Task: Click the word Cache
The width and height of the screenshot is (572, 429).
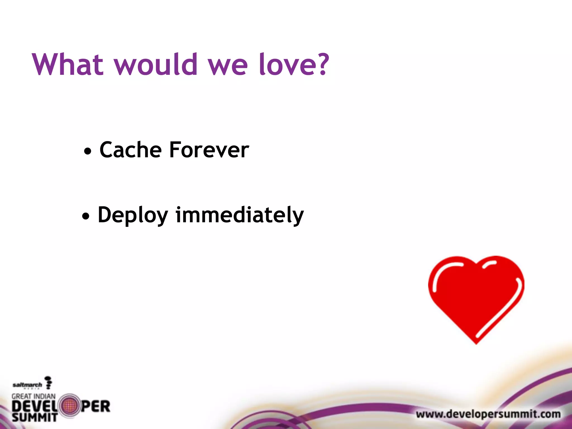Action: pos(130,150)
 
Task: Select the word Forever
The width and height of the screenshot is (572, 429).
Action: pos(209,150)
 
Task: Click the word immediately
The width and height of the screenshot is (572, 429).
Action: pos(239,215)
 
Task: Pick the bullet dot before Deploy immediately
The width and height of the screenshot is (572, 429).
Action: pos(86,216)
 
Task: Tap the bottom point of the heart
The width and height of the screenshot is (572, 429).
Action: pos(476,343)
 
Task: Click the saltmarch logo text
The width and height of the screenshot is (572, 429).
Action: pos(27,385)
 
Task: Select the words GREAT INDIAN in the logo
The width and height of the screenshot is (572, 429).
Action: pos(34,396)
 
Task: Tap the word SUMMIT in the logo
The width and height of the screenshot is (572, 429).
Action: pos(34,418)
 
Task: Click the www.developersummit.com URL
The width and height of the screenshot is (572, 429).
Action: pos(488,414)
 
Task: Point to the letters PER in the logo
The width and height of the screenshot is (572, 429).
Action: pos(96,406)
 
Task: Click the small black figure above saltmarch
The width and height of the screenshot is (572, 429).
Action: pos(49,382)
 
